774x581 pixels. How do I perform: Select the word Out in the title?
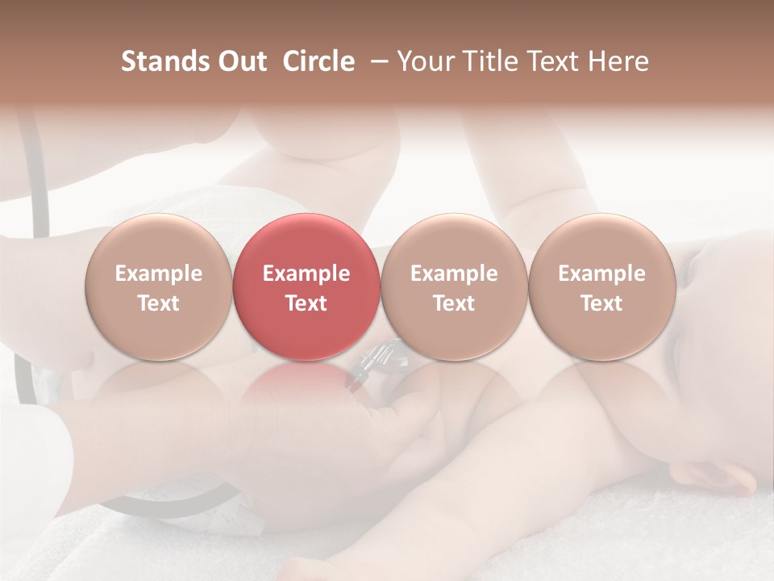click(x=241, y=61)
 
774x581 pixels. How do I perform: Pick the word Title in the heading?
click(x=491, y=61)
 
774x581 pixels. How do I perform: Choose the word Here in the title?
click(x=619, y=61)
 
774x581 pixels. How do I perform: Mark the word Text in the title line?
click(x=557, y=61)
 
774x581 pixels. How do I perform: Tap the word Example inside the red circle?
click(x=306, y=274)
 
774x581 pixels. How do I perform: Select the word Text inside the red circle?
click(x=306, y=303)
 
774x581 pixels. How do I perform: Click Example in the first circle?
click(x=159, y=274)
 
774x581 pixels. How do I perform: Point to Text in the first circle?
click(x=159, y=303)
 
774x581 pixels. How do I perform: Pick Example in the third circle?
click(x=454, y=274)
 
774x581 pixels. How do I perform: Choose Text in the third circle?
click(x=454, y=303)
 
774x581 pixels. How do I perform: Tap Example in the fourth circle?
click(x=601, y=274)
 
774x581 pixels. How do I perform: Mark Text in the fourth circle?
click(x=601, y=303)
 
